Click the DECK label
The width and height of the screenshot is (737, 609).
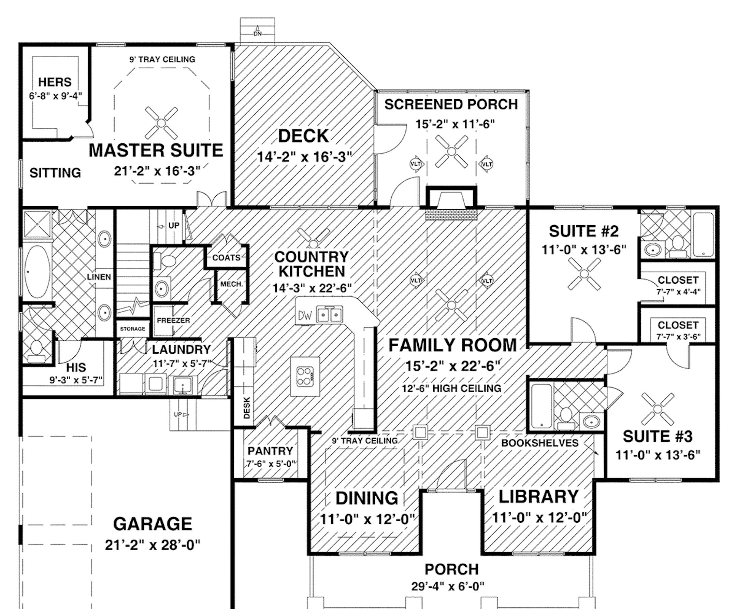click(x=303, y=136)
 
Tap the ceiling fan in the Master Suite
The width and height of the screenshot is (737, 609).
click(x=161, y=123)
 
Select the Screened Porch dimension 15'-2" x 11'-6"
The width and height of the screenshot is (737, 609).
click(x=455, y=125)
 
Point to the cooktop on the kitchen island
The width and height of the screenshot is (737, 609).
click(x=305, y=377)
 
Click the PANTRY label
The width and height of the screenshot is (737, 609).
click(x=270, y=451)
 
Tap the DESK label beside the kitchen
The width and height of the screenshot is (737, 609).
click(x=247, y=408)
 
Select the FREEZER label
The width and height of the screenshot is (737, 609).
click(x=173, y=320)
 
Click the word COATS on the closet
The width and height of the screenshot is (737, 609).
click(x=226, y=258)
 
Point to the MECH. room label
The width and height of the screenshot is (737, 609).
click(x=231, y=284)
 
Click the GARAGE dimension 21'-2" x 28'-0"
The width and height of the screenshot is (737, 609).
click(x=153, y=545)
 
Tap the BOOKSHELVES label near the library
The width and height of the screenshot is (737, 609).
click(x=539, y=443)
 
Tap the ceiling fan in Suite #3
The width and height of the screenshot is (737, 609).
click(x=657, y=409)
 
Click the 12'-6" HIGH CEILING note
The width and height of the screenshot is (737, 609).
click(x=451, y=388)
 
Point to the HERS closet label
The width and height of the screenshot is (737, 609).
click(x=55, y=82)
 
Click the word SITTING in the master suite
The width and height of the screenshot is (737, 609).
click(x=55, y=173)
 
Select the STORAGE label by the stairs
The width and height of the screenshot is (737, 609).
click(x=132, y=329)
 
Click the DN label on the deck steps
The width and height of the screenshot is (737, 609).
click(x=257, y=34)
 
